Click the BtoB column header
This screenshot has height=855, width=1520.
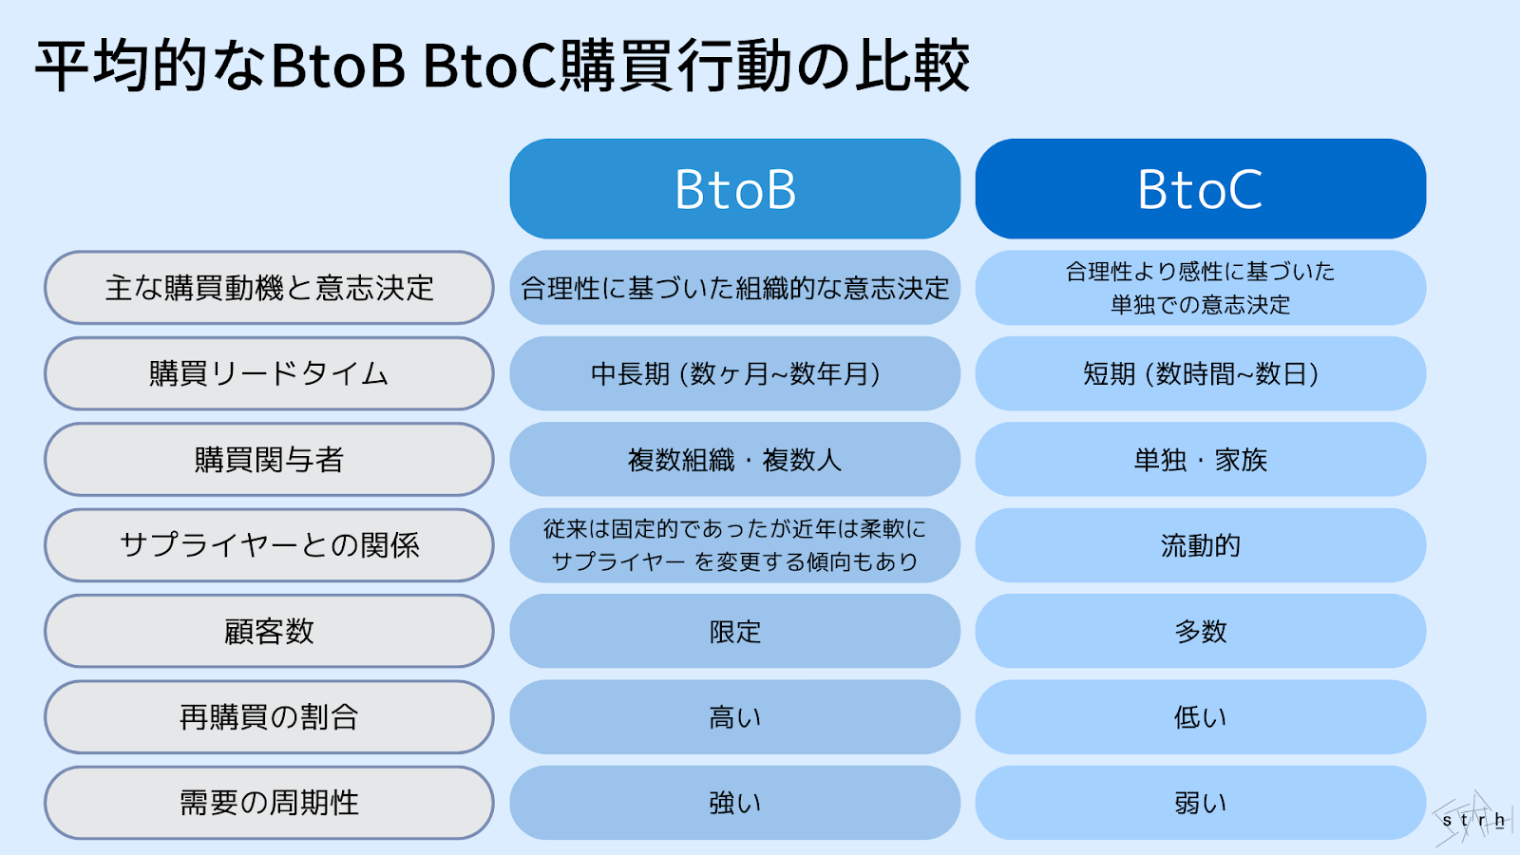(734, 189)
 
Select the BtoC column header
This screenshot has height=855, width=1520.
(1200, 189)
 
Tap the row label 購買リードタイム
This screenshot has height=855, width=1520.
(269, 373)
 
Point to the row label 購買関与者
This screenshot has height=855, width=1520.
(269, 460)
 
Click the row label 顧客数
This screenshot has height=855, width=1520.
(269, 631)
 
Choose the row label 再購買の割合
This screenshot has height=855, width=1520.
(269, 717)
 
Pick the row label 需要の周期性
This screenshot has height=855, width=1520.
(269, 803)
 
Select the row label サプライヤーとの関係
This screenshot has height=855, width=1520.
(269, 545)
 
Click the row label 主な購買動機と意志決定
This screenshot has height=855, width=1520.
(269, 288)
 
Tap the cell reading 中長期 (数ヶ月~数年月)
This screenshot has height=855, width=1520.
(734, 373)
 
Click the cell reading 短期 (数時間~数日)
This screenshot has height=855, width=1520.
(1200, 373)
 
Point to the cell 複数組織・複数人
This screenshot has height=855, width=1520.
(734, 460)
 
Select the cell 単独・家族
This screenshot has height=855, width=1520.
(1200, 460)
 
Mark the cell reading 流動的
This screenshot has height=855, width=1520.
(1200, 545)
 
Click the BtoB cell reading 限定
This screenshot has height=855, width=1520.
(734, 631)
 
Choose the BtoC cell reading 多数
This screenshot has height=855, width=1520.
(1200, 631)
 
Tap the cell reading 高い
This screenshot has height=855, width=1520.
(734, 717)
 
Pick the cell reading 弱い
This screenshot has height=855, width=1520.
(1200, 803)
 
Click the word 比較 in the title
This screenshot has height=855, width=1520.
(912, 66)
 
